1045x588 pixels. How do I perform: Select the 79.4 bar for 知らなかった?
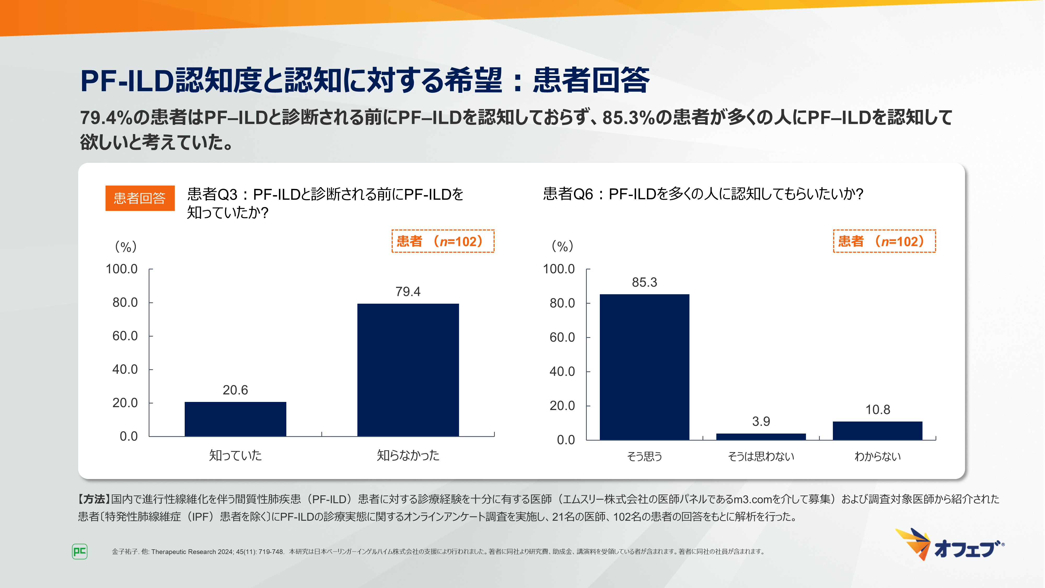(408, 370)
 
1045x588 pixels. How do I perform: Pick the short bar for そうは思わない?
(760, 437)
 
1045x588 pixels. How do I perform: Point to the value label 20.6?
(235, 390)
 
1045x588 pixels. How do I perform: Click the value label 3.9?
(760, 421)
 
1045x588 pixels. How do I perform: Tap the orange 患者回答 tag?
(140, 198)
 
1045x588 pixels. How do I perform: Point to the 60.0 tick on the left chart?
(125, 336)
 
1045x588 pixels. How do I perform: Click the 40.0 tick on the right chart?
(562, 371)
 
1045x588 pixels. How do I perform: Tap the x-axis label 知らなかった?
(408, 455)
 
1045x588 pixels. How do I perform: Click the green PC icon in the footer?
(79, 551)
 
